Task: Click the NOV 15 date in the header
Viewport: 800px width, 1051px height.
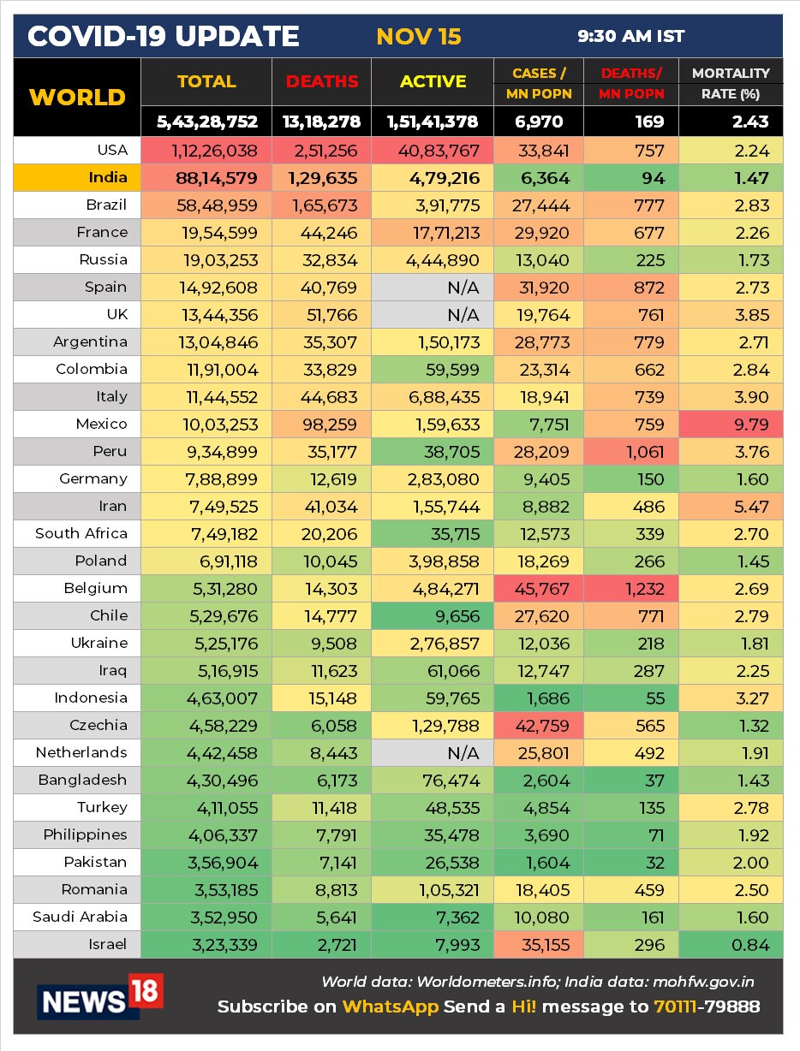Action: (x=418, y=37)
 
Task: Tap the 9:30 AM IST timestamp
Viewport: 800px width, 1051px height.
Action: (x=630, y=37)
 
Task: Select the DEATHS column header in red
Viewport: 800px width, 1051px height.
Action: (x=322, y=82)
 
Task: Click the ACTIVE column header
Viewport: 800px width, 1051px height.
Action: (x=433, y=82)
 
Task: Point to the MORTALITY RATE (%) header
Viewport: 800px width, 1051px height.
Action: (x=730, y=83)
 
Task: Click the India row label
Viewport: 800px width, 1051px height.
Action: (x=107, y=178)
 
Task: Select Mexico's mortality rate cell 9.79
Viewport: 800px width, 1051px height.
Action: (x=731, y=424)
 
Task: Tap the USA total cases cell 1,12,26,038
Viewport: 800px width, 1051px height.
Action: (x=206, y=151)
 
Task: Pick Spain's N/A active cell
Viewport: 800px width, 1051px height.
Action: (x=433, y=288)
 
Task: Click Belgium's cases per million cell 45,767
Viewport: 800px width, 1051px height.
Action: (x=538, y=588)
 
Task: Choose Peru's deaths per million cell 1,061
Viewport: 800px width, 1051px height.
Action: (x=630, y=451)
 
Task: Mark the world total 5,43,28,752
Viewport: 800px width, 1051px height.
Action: (x=206, y=122)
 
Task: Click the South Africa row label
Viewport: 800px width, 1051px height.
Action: (x=81, y=533)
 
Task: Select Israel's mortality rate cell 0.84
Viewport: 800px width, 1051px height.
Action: (x=731, y=945)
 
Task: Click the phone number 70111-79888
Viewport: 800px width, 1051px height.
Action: (x=707, y=1006)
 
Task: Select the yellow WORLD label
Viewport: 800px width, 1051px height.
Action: (x=77, y=97)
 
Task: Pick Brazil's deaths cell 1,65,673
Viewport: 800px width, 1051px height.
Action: (x=322, y=205)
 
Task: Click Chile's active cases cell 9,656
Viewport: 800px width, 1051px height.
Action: (x=433, y=615)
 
